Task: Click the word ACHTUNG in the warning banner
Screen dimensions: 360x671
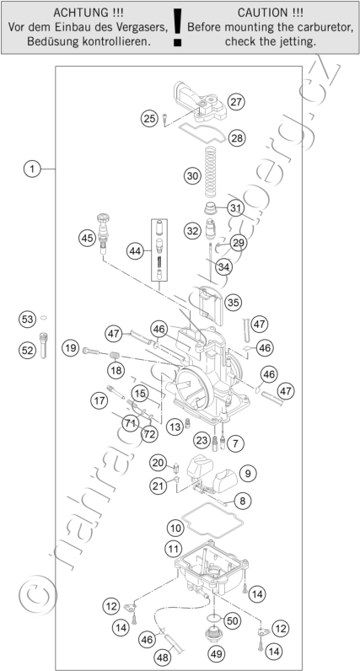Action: click(78, 13)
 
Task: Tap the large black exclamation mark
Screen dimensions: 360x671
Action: click(177, 26)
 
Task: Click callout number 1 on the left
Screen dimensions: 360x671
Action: click(32, 169)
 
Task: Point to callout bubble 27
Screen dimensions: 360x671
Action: click(235, 102)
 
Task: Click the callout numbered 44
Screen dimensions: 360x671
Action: click(135, 251)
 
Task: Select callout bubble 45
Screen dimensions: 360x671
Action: click(88, 238)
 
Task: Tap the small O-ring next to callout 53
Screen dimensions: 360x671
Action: click(43, 318)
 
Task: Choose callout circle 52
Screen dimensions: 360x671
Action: click(27, 351)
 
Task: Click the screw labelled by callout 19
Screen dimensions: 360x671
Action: click(92, 351)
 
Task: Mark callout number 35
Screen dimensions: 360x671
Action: click(233, 303)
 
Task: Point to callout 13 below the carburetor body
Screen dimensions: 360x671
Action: click(175, 427)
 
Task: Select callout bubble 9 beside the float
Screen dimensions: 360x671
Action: click(248, 473)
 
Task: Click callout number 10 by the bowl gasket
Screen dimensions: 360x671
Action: click(175, 528)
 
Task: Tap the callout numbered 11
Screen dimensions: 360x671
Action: click(173, 548)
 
